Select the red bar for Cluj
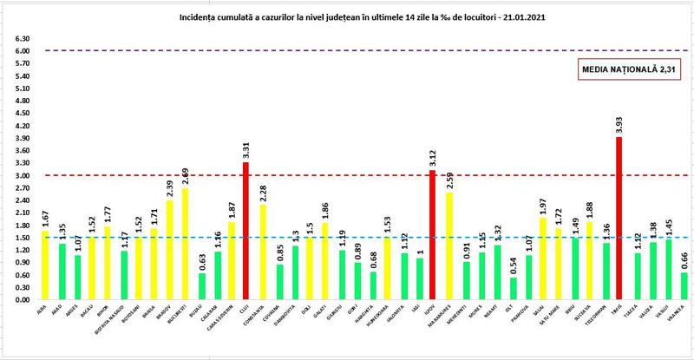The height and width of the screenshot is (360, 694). pyautogui.click(x=246, y=231)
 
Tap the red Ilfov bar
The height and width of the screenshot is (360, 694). pyautogui.click(x=432, y=235)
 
